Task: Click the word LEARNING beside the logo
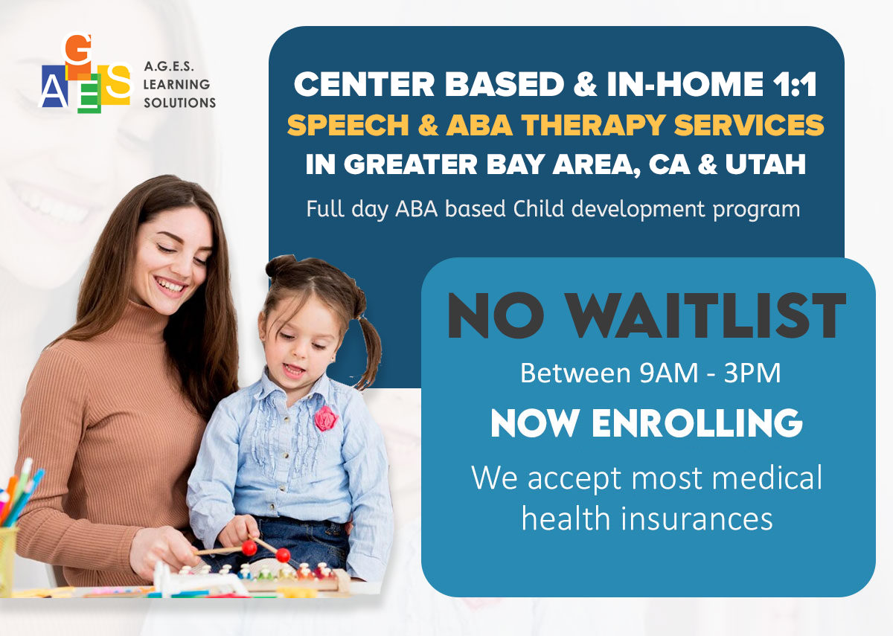pyautogui.click(x=176, y=85)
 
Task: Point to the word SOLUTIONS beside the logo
pyautogui.click(x=179, y=103)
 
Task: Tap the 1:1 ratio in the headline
pyautogui.click(x=794, y=85)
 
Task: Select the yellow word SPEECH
pyautogui.click(x=348, y=125)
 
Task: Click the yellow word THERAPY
pyautogui.click(x=593, y=126)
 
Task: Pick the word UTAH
pyautogui.click(x=766, y=164)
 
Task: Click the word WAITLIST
pyautogui.click(x=705, y=315)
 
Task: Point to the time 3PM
pyautogui.click(x=752, y=373)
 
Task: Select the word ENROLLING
pyautogui.click(x=697, y=423)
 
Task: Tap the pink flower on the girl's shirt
pyautogui.click(x=326, y=419)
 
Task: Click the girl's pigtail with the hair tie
pyautogui.click(x=367, y=350)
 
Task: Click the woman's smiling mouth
pyautogui.click(x=170, y=286)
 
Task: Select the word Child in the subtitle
pyautogui.click(x=539, y=208)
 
